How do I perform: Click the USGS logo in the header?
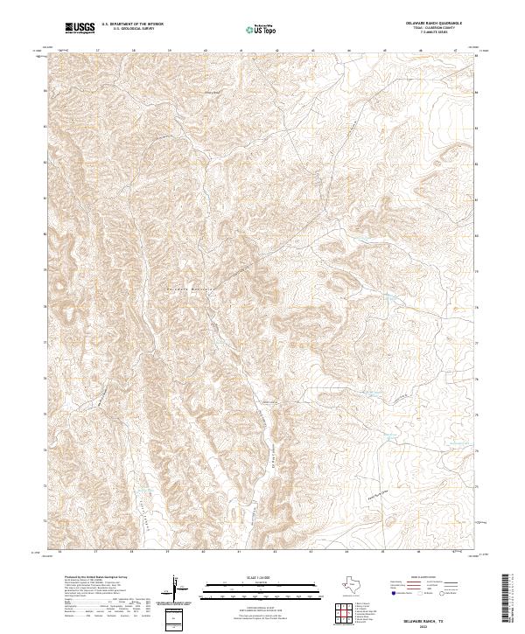point(80,28)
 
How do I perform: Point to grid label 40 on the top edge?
point(204,51)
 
